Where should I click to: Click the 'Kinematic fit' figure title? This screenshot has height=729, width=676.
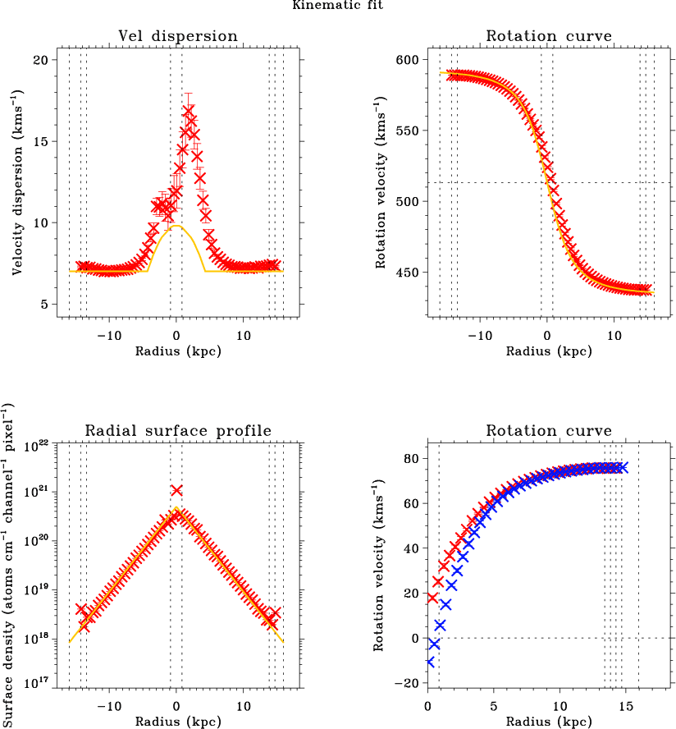coord(336,6)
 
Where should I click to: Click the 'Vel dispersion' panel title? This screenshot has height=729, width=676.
coord(177,36)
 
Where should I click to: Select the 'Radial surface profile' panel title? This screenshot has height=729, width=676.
coord(177,432)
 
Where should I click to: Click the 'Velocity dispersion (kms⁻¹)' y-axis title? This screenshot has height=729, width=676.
coord(17,182)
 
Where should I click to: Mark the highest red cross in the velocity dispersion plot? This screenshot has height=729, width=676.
coord(189,110)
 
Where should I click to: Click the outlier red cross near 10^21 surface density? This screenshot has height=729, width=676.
coord(176,490)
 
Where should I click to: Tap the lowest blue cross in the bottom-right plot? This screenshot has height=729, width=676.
coord(429,662)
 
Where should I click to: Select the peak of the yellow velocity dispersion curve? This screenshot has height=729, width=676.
coord(176,227)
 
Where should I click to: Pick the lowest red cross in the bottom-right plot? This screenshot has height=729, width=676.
coord(432,598)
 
